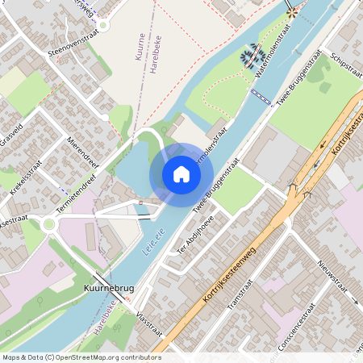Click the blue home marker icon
pos(181,174)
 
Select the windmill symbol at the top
pos(290,11)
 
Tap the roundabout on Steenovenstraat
pos(102,25)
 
